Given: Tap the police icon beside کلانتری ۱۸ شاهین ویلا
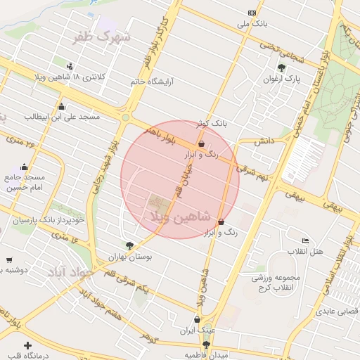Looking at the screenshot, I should (x=78, y=63).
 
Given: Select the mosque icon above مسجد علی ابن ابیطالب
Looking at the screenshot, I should (x=62, y=107).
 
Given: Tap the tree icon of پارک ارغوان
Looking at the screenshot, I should (x=282, y=67).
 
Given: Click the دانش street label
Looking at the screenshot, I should (x=263, y=141).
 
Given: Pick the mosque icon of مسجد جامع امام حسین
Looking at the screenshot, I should (x=25, y=167).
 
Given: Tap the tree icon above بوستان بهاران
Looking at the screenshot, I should (x=129, y=245).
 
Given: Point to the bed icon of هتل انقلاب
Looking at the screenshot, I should (x=304, y=241).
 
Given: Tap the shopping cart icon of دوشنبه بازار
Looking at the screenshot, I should (x=9, y=259).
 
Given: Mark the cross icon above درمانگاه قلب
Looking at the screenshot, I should (x=27, y=346).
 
